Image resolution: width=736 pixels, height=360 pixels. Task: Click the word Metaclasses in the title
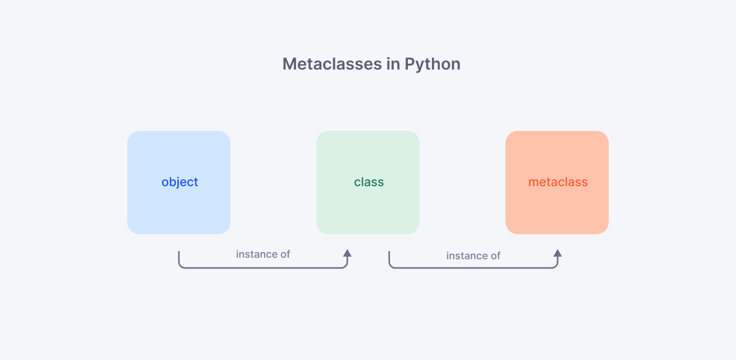[x=332, y=64]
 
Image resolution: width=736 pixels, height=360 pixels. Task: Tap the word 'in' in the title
[x=394, y=64]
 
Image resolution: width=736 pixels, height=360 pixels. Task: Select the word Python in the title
[x=432, y=65]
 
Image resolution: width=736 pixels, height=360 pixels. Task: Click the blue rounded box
[x=179, y=183]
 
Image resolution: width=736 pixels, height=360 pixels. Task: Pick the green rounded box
[x=368, y=183]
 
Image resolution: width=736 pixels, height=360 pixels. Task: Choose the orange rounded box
[x=557, y=183]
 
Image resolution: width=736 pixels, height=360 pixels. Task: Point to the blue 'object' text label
[x=180, y=182]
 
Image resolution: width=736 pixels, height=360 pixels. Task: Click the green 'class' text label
[x=369, y=182]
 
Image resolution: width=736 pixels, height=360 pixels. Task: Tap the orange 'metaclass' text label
[x=558, y=182]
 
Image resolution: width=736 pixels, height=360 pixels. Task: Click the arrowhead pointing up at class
[x=348, y=253]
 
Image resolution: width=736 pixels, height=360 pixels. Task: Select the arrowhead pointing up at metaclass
[x=558, y=253]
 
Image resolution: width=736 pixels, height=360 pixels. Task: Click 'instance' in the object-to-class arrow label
[x=256, y=254]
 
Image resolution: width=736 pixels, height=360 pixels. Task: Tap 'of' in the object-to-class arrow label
[x=285, y=254]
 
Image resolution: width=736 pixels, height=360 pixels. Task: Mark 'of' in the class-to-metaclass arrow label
[x=495, y=256]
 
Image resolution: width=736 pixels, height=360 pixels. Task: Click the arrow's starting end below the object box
[x=179, y=252]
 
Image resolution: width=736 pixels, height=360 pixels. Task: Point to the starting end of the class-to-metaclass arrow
[x=389, y=252]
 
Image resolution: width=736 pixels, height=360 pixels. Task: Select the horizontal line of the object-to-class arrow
[x=263, y=268]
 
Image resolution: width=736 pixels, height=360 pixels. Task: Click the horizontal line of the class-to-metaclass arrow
[x=473, y=268]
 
